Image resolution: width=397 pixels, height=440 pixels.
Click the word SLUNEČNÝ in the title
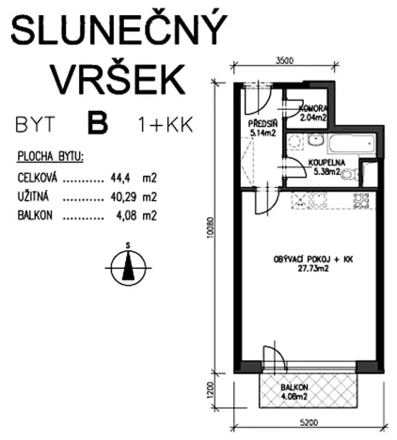pyautogui.click(x=118, y=32)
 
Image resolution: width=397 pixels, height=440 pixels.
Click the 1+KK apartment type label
pyautogui.click(x=158, y=124)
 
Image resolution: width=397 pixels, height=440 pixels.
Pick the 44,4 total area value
pyautogui.click(x=117, y=177)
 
